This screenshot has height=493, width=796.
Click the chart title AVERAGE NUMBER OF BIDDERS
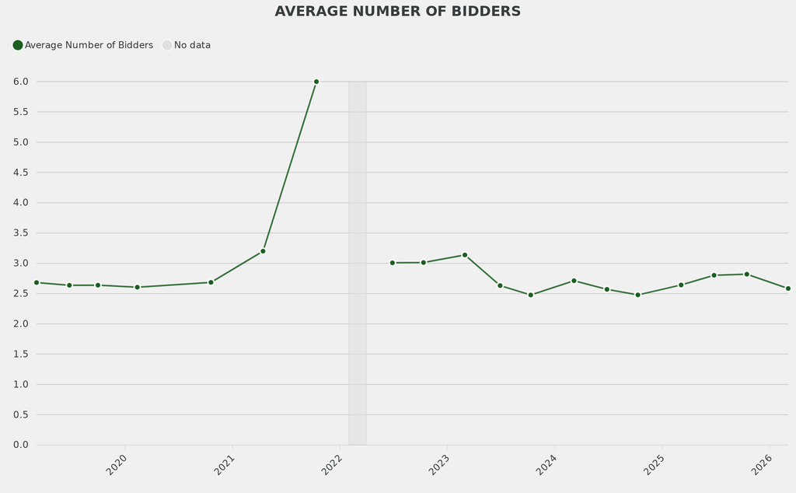point(397,12)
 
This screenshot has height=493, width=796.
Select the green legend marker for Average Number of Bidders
point(18,45)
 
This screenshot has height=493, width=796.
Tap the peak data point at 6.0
point(316,82)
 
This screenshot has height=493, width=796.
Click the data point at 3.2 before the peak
point(263,251)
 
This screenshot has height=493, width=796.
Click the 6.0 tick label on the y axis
point(20,82)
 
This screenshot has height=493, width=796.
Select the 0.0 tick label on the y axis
point(20,445)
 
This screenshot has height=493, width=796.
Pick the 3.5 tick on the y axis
point(20,233)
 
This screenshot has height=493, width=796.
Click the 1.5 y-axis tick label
point(20,354)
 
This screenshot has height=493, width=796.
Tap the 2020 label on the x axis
point(117,465)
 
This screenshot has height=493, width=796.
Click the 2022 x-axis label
point(332,465)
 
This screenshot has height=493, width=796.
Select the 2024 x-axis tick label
point(546,465)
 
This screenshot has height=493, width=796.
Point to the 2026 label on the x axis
point(761,465)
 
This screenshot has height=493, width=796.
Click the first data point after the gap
point(393,263)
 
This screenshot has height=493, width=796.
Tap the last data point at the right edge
point(787,288)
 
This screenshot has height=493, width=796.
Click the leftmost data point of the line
point(37,282)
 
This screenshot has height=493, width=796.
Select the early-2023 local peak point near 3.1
point(465,255)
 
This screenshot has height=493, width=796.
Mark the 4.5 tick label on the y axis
point(20,172)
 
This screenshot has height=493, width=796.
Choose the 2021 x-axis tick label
point(225,465)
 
